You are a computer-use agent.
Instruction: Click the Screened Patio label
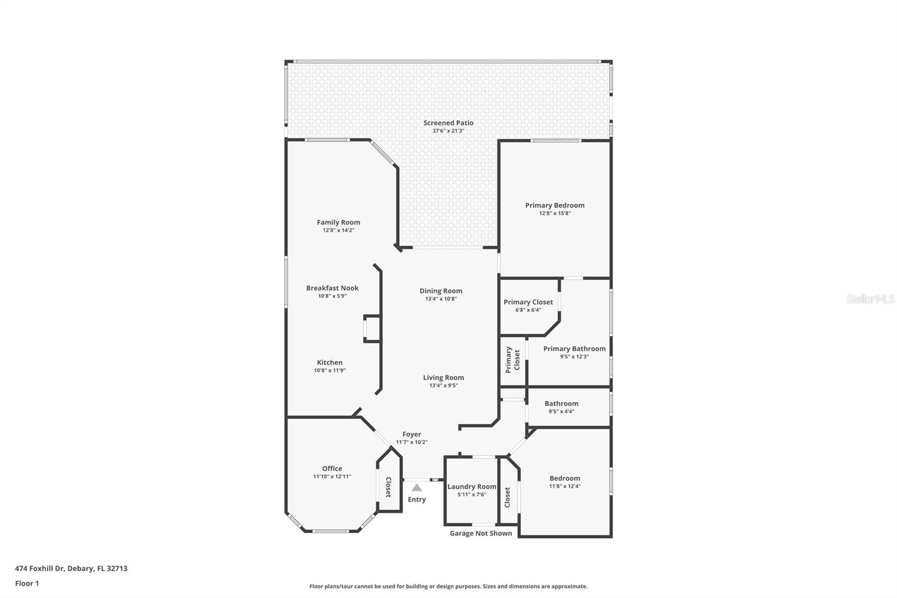pyautogui.click(x=448, y=123)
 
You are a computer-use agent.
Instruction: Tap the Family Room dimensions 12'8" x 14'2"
pyautogui.click(x=338, y=231)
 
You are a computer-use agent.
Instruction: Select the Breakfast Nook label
pyautogui.click(x=332, y=288)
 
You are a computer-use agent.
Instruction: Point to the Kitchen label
pyautogui.click(x=330, y=363)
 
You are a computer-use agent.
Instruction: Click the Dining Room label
pyautogui.click(x=441, y=291)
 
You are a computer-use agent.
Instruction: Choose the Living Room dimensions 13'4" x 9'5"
pyautogui.click(x=443, y=385)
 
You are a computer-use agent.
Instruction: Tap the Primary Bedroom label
pyautogui.click(x=554, y=205)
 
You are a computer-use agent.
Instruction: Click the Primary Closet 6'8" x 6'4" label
pyautogui.click(x=528, y=302)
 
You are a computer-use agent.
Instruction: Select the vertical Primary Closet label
pyautogui.click(x=512, y=360)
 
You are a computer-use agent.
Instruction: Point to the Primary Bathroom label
pyautogui.click(x=574, y=349)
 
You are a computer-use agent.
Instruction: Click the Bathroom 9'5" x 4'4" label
pyautogui.click(x=561, y=404)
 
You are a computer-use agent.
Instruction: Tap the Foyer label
pyautogui.click(x=411, y=435)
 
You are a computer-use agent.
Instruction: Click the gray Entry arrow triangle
pyautogui.click(x=417, y=488)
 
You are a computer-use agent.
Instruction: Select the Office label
pyautogui.click(x=332, y=469)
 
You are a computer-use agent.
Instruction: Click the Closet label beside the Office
pyautogui.click(x=388, y=487)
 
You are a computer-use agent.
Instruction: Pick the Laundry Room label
pyautogui.click(x=471, y=487)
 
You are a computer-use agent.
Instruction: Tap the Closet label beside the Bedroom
pyautogui.click(x=507, y=497)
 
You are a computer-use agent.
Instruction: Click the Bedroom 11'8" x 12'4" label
pyautogui.click(x=565, y=479)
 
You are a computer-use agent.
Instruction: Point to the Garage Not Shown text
pyautogui.click(x=480, y=533)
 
